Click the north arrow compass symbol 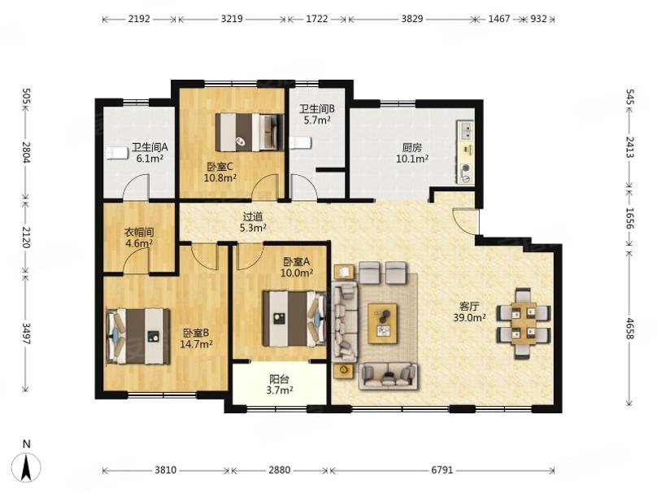coord(26,467)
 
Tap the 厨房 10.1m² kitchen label coord(412,153)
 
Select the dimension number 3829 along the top coord(412,19)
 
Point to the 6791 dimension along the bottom coord(442,470)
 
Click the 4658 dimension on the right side coord(629,328)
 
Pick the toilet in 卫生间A coord(116,153)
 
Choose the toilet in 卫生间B coord(300,142)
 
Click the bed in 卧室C coord(250,132)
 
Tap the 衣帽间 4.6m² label coord(139,238)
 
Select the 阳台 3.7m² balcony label coord(280,385)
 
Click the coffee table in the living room coord(383,323)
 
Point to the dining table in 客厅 coord(524,323)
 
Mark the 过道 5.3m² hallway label coord(253,222)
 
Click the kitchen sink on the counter coord(465,130)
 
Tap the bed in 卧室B coord(138,336)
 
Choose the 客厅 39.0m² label coord(469,312)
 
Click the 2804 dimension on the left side coord(26,153)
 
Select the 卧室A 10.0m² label coord(297,268)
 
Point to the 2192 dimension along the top coord(139,19)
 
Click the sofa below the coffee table coord(389,376)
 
